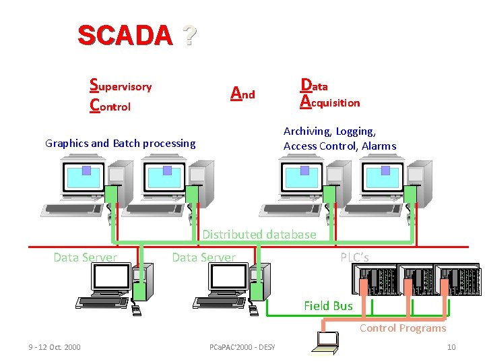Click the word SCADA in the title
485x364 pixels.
click(125, 35)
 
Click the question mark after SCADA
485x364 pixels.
click(189, 35)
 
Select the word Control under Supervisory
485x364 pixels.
click(110, 106)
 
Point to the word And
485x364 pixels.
click(243, 94)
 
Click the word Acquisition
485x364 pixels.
click(330, 102)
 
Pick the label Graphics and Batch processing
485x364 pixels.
click(120, 143)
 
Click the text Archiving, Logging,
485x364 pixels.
click(329, 131)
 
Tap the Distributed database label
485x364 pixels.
click(259, 235)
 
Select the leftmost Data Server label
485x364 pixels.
click(85, 257)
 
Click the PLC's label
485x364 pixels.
click(354, 257)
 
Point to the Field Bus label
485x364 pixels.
click(328, 305)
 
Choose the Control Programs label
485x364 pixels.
click(403, 328)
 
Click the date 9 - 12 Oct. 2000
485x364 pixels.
click(55, 347)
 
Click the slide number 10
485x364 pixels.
click(451, 347)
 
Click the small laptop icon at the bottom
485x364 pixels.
click(326, 342)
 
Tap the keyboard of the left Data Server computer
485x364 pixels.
click(102, 302)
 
